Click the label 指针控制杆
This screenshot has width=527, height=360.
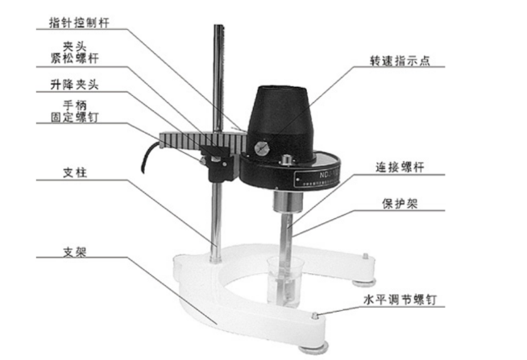click(79, 23)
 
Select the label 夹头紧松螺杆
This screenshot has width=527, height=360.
click(74, 52)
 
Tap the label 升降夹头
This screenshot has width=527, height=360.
click(74, 85)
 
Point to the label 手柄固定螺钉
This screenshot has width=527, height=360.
click(74, 111)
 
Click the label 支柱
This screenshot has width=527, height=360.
click(75, 172)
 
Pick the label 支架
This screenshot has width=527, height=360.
click(75, 251)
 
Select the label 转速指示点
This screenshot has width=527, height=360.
click(400, 60)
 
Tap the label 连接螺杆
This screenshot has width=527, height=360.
click(400, 167)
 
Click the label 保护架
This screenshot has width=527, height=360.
click(400, 203)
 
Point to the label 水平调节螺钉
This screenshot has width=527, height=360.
click(400, 300)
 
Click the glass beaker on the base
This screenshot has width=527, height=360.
click(285, 281)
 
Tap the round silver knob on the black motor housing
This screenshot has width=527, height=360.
click(262, 148)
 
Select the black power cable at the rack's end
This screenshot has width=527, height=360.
click(150, 157)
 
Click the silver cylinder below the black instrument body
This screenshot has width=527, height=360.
click(287, 201)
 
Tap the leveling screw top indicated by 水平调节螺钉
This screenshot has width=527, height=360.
click(314, 316)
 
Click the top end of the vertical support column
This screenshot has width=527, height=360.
click(219, 26)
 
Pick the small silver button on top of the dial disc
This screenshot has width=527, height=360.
click(286, 159)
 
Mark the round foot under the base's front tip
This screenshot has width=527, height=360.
click(313, 349)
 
